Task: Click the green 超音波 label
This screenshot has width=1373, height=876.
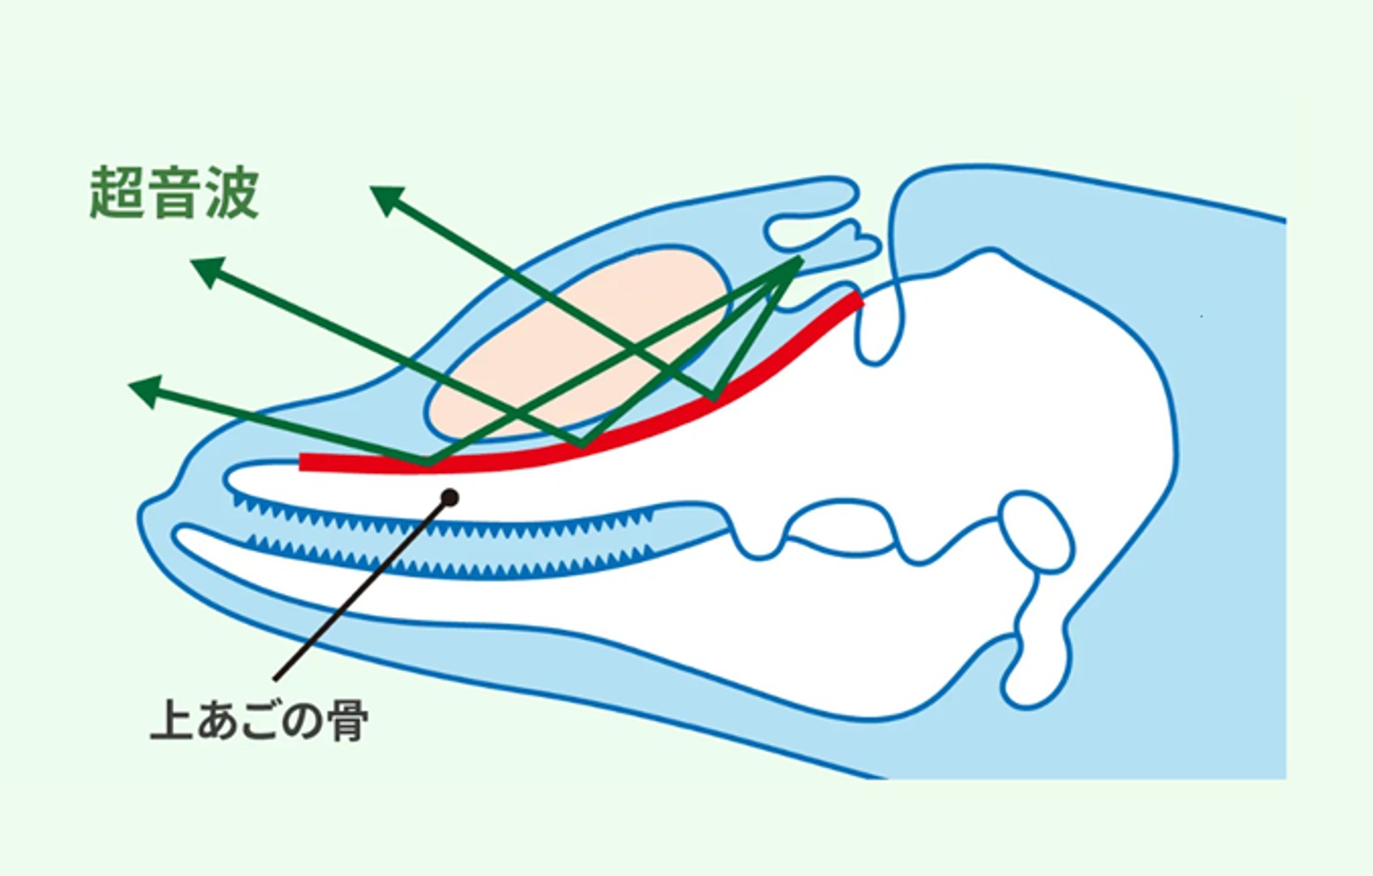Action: [x=174, y=194]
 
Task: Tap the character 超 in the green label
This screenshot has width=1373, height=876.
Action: [x=117, y=194]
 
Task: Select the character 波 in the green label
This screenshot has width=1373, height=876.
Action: [x=232, y=194]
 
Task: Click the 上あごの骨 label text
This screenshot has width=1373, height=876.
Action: [x=259, y=720]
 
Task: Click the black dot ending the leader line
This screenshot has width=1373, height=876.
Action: [x=450, y=498]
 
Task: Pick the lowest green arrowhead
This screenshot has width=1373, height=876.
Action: [x=145, y=390]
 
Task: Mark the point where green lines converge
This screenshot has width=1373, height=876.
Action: [x=797, y=261]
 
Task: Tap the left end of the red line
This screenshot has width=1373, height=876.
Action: [x=302, y=462]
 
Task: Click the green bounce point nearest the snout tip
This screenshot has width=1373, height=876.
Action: [x=428, y=463]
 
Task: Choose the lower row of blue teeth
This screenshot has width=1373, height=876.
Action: [x=451, y=559]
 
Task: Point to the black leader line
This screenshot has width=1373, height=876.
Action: [x=362, y=589]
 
